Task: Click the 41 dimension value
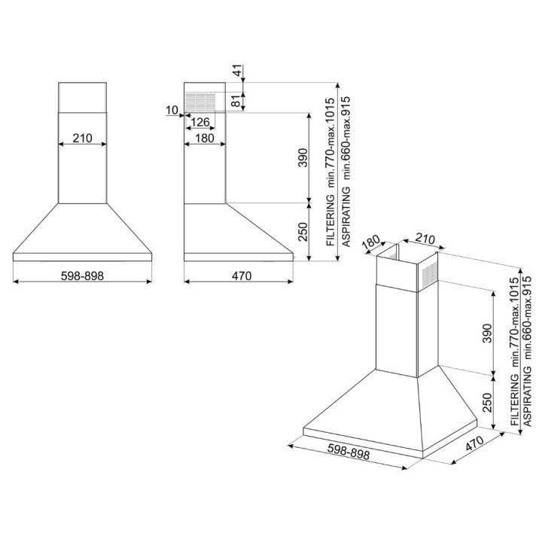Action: [238, 70]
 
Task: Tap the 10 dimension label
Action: [172, 110]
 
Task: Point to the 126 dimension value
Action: [200, 122]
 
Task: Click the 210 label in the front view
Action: [83, 139]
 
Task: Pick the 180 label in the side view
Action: [205, 139]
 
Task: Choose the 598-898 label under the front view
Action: [82, 276]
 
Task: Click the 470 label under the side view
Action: [242, 276]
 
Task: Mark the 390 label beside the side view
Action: [303, 157]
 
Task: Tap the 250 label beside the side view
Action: [303, 232]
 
